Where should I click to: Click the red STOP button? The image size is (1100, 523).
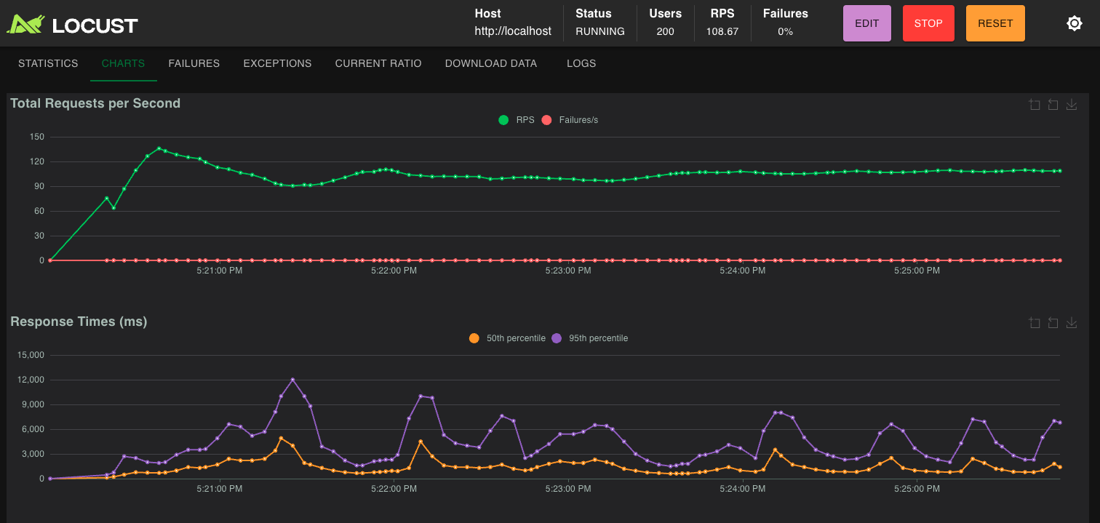pos(928,23)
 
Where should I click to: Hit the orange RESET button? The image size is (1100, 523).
pos(995,23)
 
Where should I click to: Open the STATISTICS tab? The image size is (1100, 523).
pos(48,63)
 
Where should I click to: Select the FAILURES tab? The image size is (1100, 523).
pos(194,63)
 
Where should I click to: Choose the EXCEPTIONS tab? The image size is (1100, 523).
pos(277,63)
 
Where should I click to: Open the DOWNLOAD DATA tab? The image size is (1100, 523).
pos(491,63)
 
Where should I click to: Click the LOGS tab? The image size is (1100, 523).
pos(581,63)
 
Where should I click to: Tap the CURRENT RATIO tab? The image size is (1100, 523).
pos(378,63)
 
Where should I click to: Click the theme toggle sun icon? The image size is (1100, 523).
pos(1074,23)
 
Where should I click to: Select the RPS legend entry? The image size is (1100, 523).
pos(517,120)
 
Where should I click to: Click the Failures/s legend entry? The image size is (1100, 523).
pos(570,120)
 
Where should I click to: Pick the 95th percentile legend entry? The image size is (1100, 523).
pos(590,338)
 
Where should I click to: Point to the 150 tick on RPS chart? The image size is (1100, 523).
pos(37,137)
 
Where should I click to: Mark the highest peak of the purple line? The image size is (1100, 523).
pos(292,380)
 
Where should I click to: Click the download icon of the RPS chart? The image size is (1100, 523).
pos(1071,105)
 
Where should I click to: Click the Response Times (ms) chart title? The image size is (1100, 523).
pos(79,322)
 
